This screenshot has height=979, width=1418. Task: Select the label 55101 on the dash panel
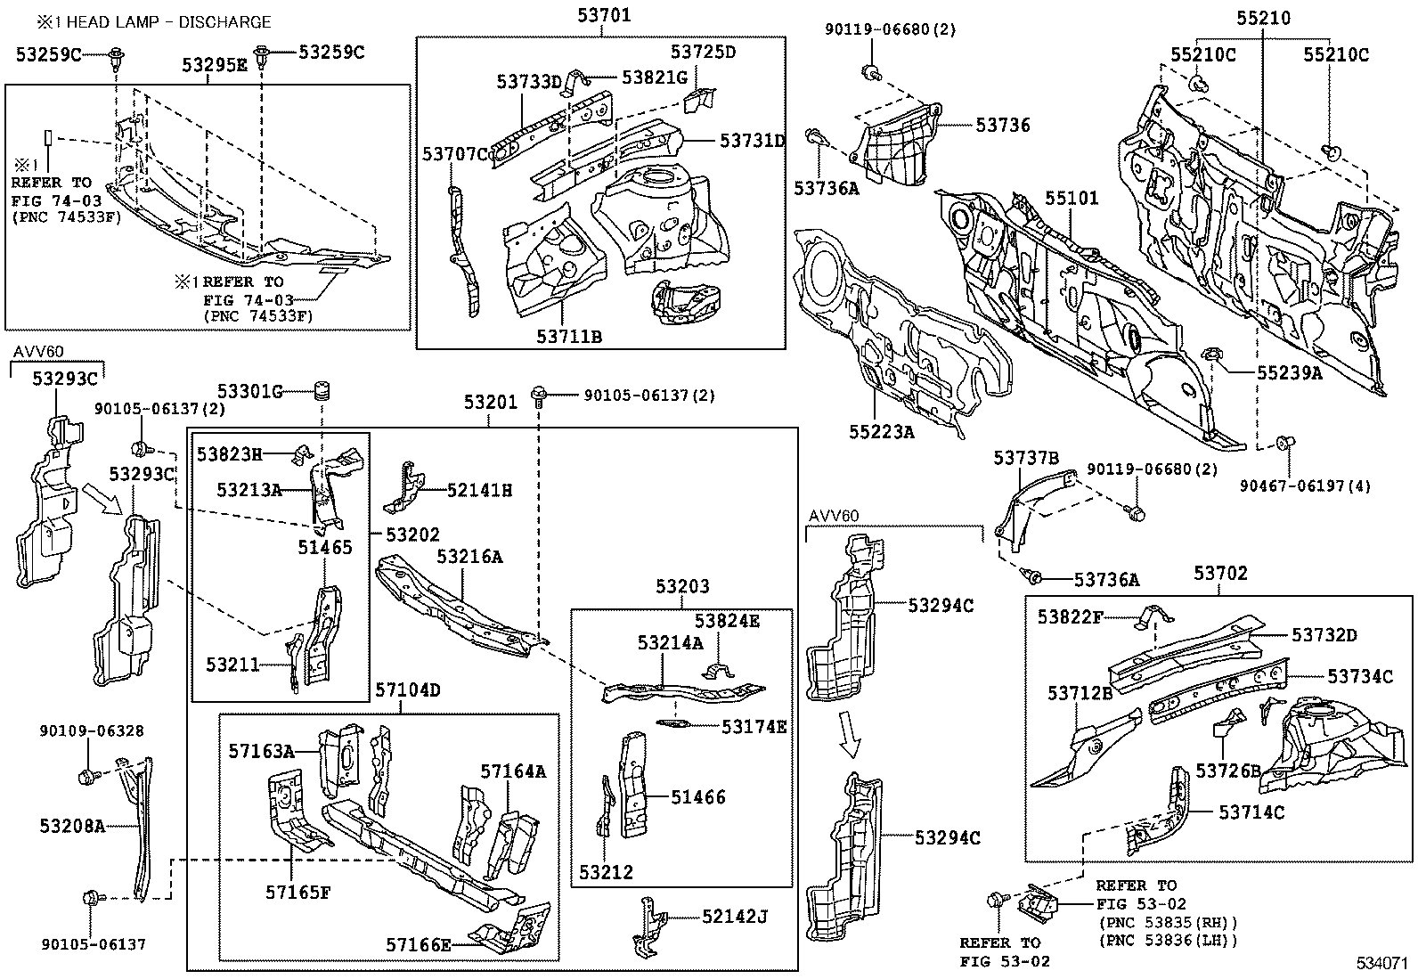[1072, 198]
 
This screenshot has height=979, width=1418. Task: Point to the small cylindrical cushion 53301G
[323, 390]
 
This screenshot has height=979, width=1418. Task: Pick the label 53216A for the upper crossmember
[469, 557]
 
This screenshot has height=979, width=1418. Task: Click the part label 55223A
[882, 432]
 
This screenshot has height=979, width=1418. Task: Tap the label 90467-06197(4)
[1306, 485]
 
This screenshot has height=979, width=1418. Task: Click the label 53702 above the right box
[1220, 574]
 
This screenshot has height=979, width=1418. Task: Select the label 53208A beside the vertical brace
[72, 827]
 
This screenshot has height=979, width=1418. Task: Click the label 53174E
[754, 726]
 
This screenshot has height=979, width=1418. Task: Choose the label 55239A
[1290, 373]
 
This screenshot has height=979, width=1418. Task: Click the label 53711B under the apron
[569, 336]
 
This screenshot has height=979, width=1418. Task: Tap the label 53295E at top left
[215, 65]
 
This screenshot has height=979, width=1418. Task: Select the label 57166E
[419, 944]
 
